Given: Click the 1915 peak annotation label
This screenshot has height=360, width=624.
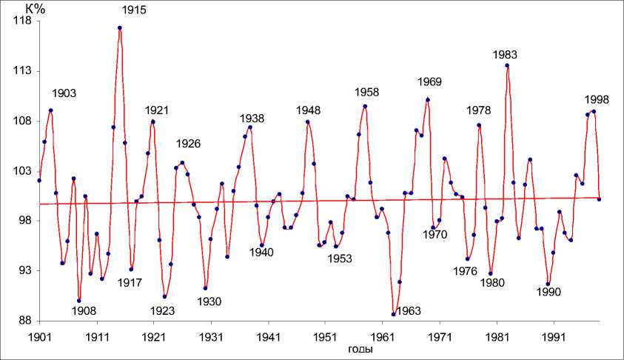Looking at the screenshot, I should (x=135, y=10).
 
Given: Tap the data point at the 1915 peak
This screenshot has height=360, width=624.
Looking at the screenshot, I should (x=119, y=28).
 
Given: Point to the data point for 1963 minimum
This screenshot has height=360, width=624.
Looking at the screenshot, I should (x=393, y=314).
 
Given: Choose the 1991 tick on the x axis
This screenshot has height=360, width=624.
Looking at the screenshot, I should (x=553, y=336).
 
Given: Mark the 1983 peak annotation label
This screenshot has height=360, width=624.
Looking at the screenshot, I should (x=505, y=55).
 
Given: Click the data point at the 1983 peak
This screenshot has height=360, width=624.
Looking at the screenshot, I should (x=507, y=65).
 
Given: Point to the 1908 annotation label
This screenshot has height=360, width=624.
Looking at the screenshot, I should (x=84, y=310).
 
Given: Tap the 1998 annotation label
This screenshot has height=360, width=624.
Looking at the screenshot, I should (x=597, y=99).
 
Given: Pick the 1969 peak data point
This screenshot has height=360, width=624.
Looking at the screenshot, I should (x=427, y=99).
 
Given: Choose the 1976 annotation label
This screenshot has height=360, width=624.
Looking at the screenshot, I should (x=465, y=270).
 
